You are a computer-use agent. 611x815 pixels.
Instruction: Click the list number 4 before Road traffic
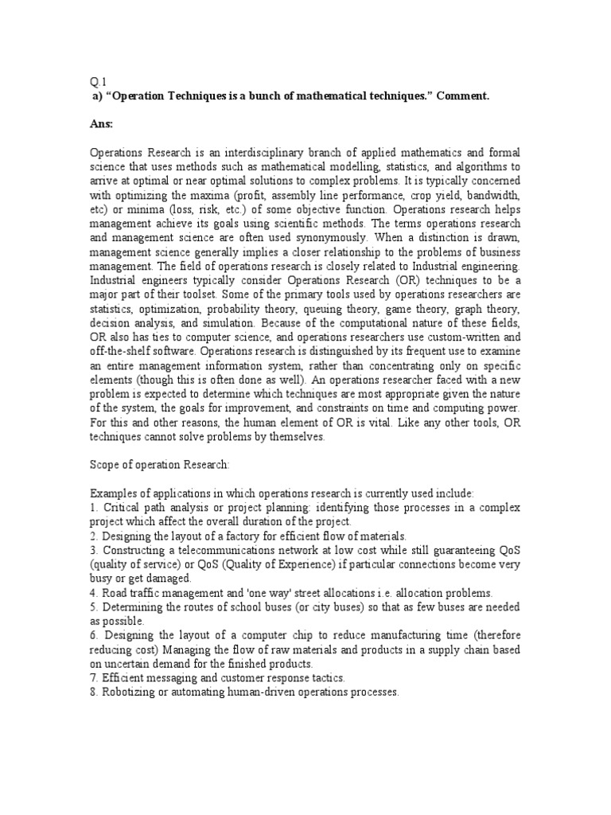[x=92, y=593]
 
